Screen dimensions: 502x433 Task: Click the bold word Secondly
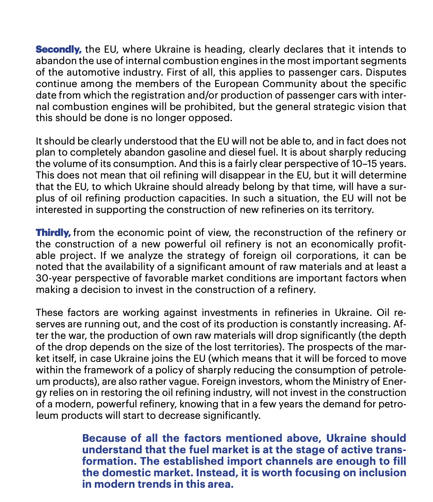[59, 49]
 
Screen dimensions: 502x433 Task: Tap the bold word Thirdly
[53, 232]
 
